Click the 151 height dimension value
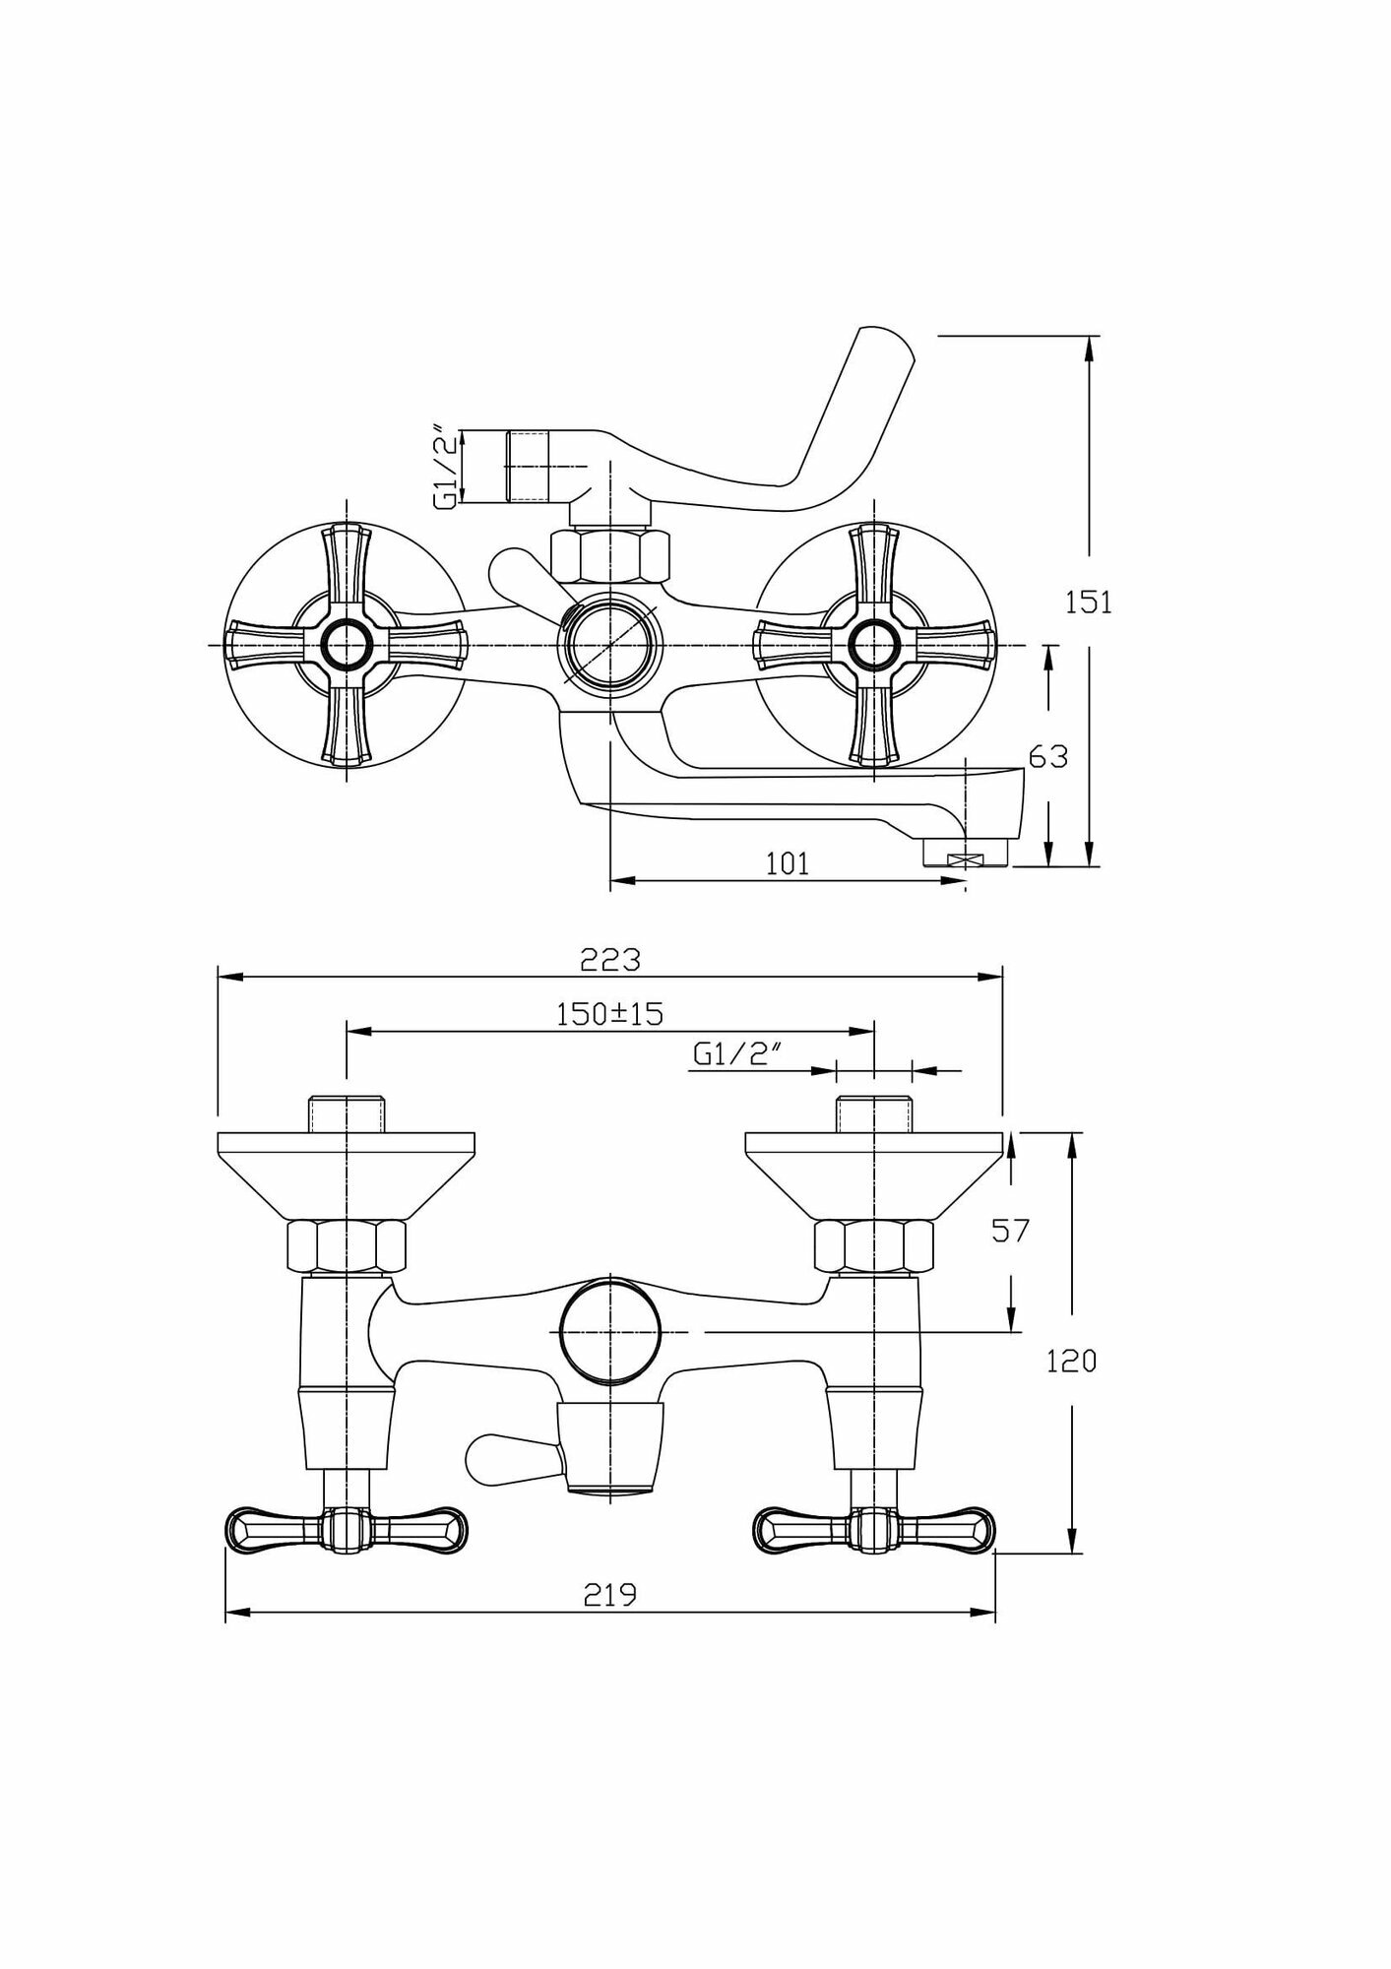click(1088, 602)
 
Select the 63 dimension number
click(1047, 756)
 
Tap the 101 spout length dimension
click(788, 863)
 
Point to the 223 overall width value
click(609, 959)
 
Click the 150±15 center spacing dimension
click(610, 1014)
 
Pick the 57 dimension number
click(1009, 1230)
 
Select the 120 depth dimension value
click(1070, 1361)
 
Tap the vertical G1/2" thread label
click(447, 466)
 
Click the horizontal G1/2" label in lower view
click(736, 1055)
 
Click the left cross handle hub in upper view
click(346, 645)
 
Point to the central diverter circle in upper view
click(609, 645)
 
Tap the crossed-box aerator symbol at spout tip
click(964, 859)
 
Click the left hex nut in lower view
click(346, 1245)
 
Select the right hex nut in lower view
click(873, 1245)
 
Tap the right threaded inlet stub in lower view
click(873, 1112)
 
